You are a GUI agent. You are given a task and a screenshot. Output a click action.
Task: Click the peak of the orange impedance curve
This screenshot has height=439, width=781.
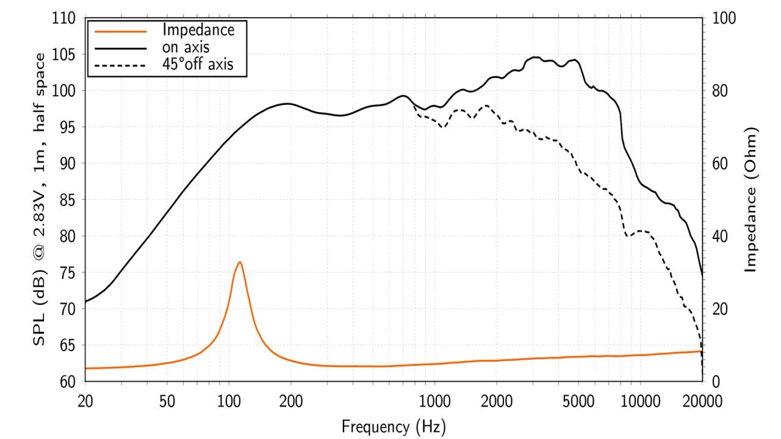[x=240, y=262]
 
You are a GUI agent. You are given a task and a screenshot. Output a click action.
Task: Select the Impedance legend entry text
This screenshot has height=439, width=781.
[x=198, y=29]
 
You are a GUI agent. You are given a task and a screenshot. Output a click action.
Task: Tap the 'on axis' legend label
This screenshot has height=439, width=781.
[x=186, y=46]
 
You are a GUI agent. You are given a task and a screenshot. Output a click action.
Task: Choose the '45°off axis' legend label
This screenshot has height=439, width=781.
[x=198, y=63]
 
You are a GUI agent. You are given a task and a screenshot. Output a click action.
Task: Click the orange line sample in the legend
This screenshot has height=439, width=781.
[x=118, y=30]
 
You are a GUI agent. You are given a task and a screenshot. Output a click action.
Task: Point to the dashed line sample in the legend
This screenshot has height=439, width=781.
[x=118, y=64]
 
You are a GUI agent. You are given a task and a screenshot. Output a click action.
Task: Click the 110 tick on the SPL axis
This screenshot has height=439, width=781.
[x=63, y=19]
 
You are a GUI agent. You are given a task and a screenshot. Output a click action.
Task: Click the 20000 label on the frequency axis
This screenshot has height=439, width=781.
[x=702, y=401]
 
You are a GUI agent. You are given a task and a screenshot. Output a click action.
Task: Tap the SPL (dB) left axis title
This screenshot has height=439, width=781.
[x=39, y=199]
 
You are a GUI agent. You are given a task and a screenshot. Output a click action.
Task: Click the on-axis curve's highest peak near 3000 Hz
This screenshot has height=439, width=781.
[x=535, y=57]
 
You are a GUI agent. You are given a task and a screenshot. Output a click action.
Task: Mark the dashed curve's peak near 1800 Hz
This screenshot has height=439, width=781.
[x=486, y=105]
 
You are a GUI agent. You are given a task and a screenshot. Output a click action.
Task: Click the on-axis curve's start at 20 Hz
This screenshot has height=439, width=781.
[x=85, y=301]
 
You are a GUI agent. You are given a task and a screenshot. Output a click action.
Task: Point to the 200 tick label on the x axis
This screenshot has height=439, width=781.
[x=290, y=401]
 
